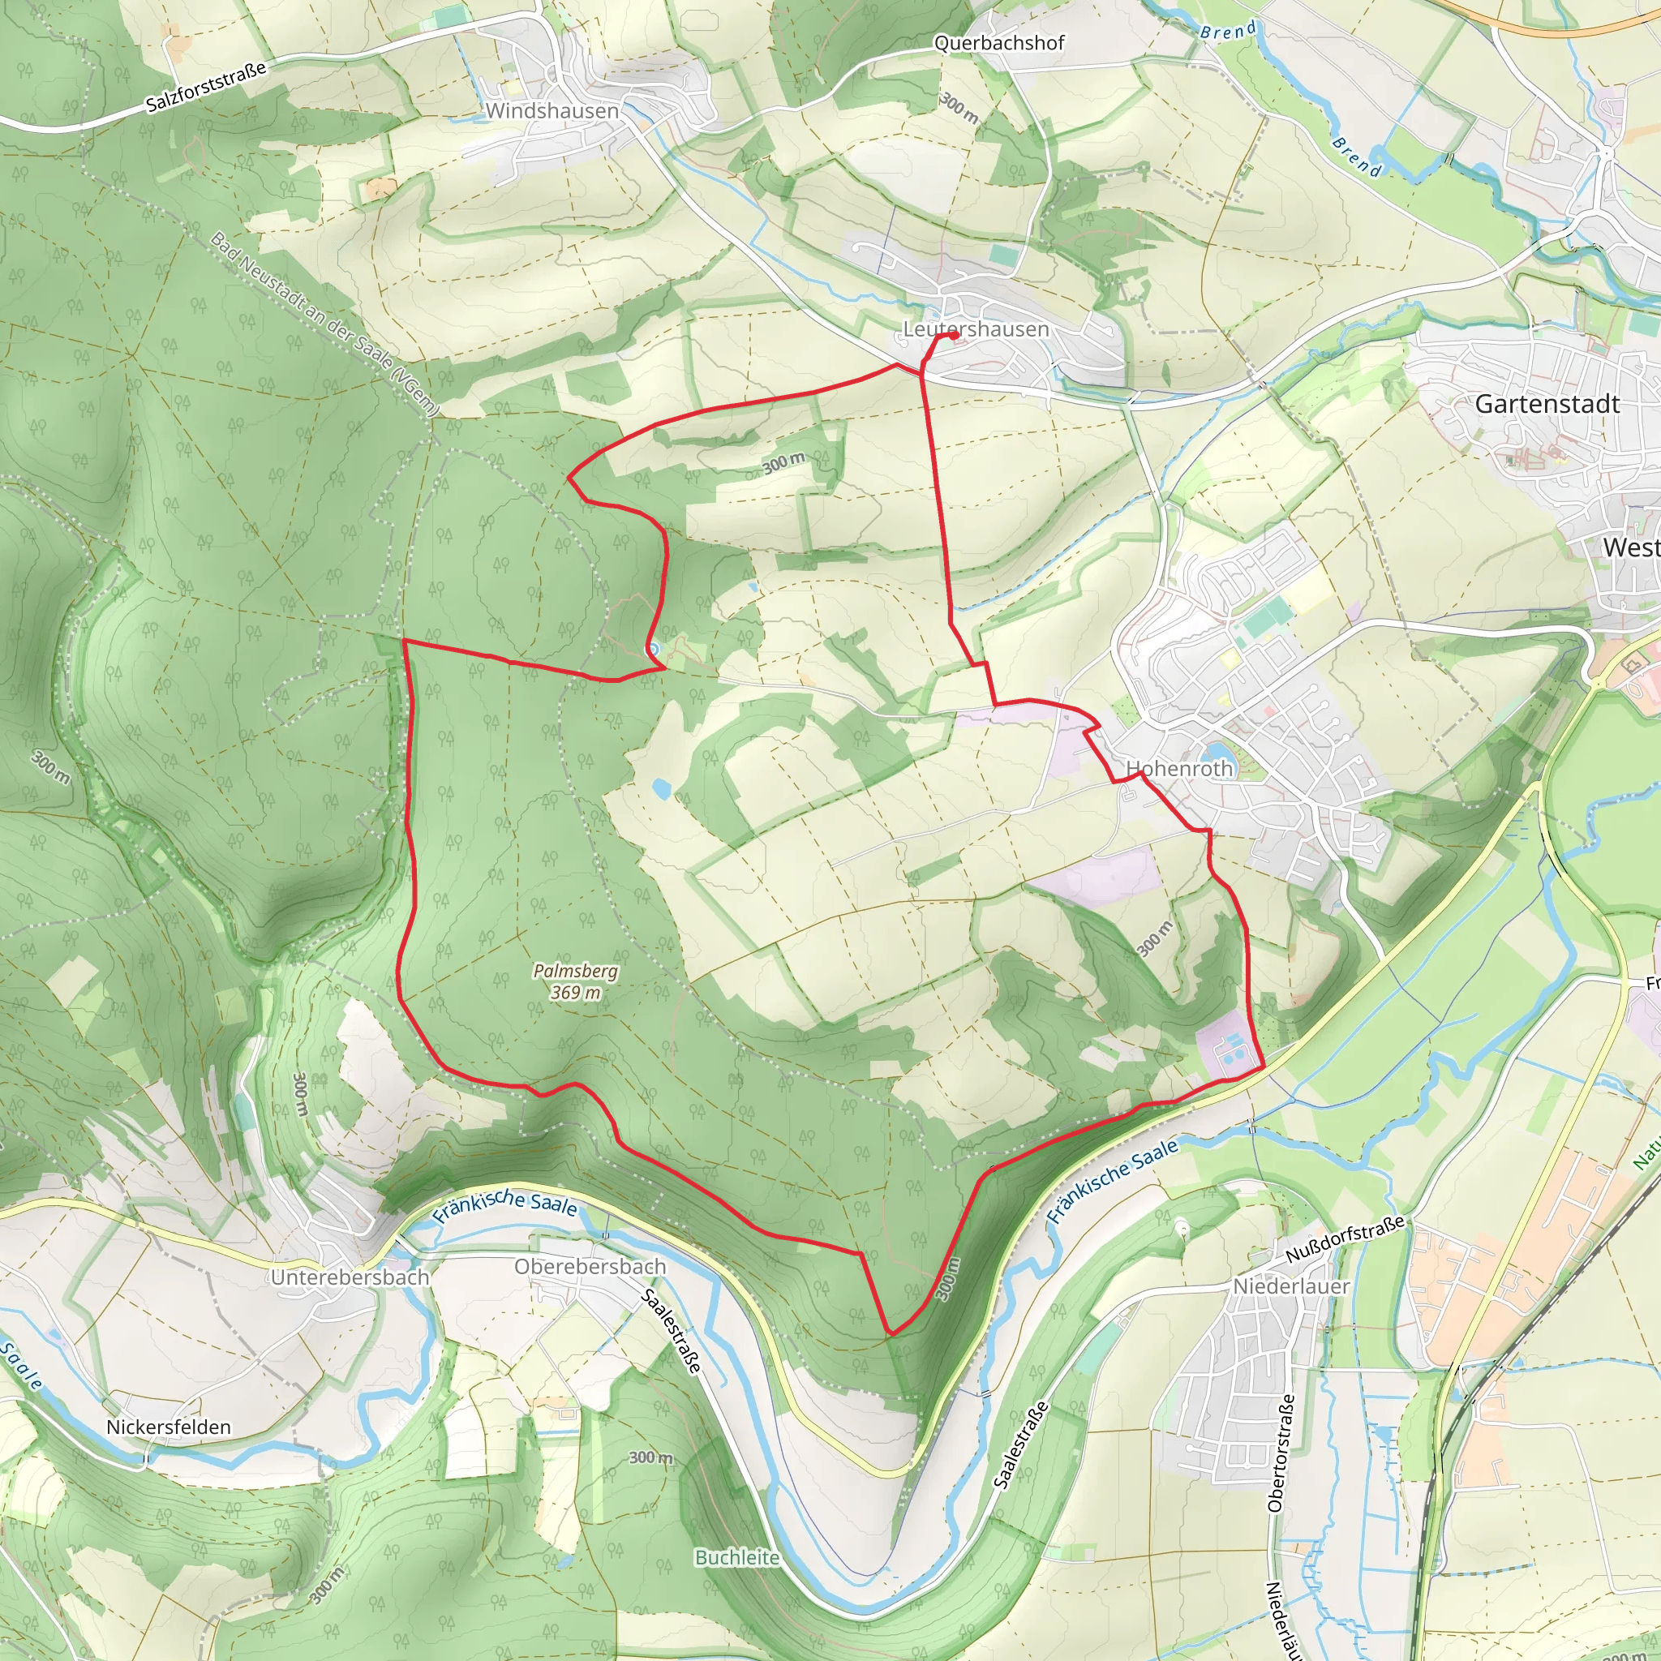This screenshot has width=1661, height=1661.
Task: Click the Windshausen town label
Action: coord(552,111)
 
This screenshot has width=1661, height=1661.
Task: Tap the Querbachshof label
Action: coord(999,43)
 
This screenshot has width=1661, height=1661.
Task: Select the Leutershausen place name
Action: coord(976,329)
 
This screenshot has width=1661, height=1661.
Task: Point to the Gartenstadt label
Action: coord(1547,404)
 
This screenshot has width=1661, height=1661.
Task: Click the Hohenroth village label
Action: coord(1179,769)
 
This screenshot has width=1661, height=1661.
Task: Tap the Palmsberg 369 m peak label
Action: coord(575,981)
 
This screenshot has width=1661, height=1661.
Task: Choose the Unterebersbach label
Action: coord(350,1277)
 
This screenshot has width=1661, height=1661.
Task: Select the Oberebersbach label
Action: coord(590,1266)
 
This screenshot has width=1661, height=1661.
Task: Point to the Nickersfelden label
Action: coord(169,1427)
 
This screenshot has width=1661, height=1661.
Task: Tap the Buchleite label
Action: coord(736,1558)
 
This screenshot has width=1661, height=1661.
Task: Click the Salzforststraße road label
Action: coord(206,87)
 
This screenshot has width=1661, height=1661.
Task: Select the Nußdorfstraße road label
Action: coord(1346,1239)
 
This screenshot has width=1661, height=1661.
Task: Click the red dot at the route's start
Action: coord(955,336)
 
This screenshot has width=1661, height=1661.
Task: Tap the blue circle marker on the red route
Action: coord(654,650)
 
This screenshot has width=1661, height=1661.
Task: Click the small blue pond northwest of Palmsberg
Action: coord(661,788)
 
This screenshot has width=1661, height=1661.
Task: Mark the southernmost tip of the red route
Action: coord(891,1334)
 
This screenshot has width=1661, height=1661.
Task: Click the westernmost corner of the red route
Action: coord(403,641)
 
